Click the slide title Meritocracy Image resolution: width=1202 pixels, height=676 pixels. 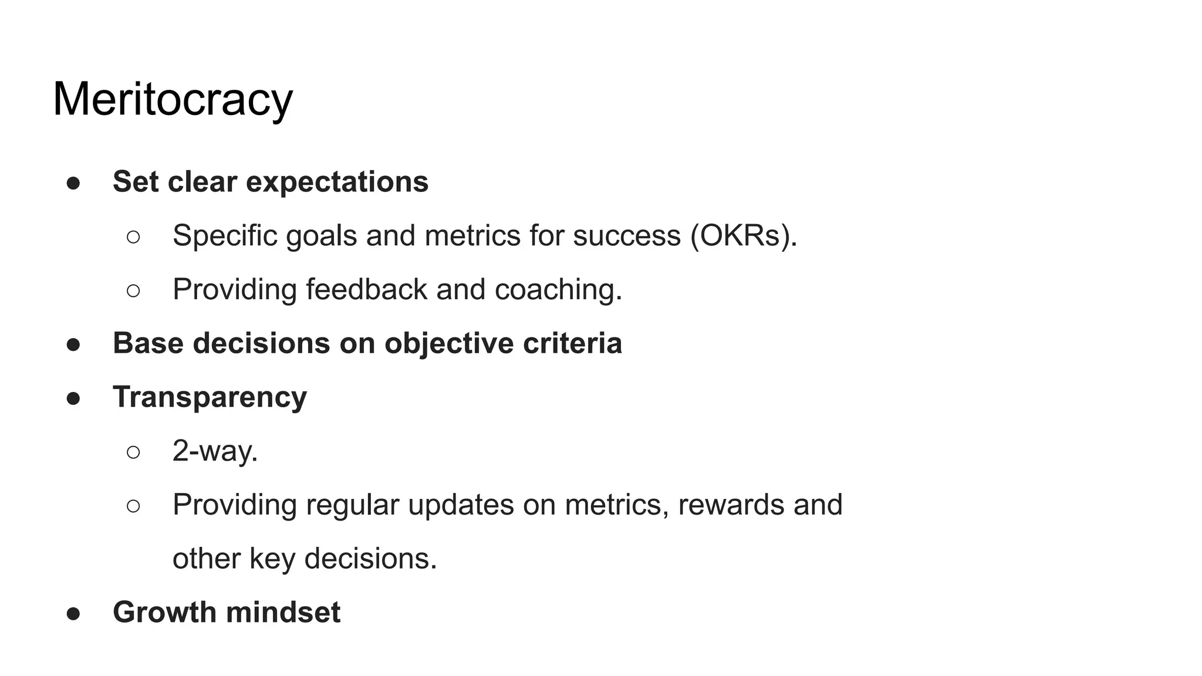(173, 99)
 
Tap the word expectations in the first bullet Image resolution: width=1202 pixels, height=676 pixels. (337, 182)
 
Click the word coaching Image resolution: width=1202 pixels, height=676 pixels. (558, 289)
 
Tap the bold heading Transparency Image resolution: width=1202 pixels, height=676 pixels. (210, 397)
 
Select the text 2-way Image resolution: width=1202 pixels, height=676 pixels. (215, 451)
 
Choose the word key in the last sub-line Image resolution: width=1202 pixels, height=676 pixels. (272, 559)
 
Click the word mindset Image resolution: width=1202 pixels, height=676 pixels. (283, 612)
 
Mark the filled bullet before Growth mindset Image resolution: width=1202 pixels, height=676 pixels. (73, 614)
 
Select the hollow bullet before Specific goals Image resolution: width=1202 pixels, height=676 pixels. (133, 237)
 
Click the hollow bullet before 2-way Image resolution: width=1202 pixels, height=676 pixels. (133, 452)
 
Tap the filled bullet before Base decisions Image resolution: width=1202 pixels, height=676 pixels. (73, 345)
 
